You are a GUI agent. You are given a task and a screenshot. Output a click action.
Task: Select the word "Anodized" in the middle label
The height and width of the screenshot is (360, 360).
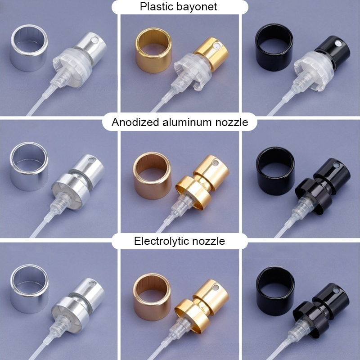coord(135,122)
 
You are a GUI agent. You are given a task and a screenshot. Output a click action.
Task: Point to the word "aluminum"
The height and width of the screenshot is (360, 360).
coord(187,122)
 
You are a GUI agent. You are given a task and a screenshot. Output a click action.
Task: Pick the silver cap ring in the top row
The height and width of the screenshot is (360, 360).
coord(29,48)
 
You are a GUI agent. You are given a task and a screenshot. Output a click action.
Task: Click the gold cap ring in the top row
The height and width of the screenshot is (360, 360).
coord(153,50)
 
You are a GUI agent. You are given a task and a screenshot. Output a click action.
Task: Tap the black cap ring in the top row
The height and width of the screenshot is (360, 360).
coord(274,47)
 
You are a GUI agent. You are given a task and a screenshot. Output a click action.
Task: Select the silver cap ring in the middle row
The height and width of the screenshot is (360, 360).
coord(29,166)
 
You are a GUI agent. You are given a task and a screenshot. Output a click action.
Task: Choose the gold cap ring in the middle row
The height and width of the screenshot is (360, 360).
coord(152,175)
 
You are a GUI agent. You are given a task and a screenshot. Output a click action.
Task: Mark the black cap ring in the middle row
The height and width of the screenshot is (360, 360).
coord(275,171)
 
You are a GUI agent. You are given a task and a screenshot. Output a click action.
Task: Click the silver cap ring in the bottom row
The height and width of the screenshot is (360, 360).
coord(29,289)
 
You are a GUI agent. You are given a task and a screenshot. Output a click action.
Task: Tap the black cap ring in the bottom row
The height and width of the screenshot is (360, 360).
coord(275,291)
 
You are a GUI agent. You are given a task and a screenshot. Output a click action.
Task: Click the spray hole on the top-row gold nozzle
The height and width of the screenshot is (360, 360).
coord(216,46)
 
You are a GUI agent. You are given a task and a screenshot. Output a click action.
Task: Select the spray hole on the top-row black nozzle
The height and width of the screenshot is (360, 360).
coord(338,43)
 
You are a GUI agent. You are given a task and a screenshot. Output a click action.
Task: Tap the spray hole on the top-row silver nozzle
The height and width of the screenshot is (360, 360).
coord(94,40)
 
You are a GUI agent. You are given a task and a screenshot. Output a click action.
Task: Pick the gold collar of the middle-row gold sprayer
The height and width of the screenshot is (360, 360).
coord(193,193)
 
